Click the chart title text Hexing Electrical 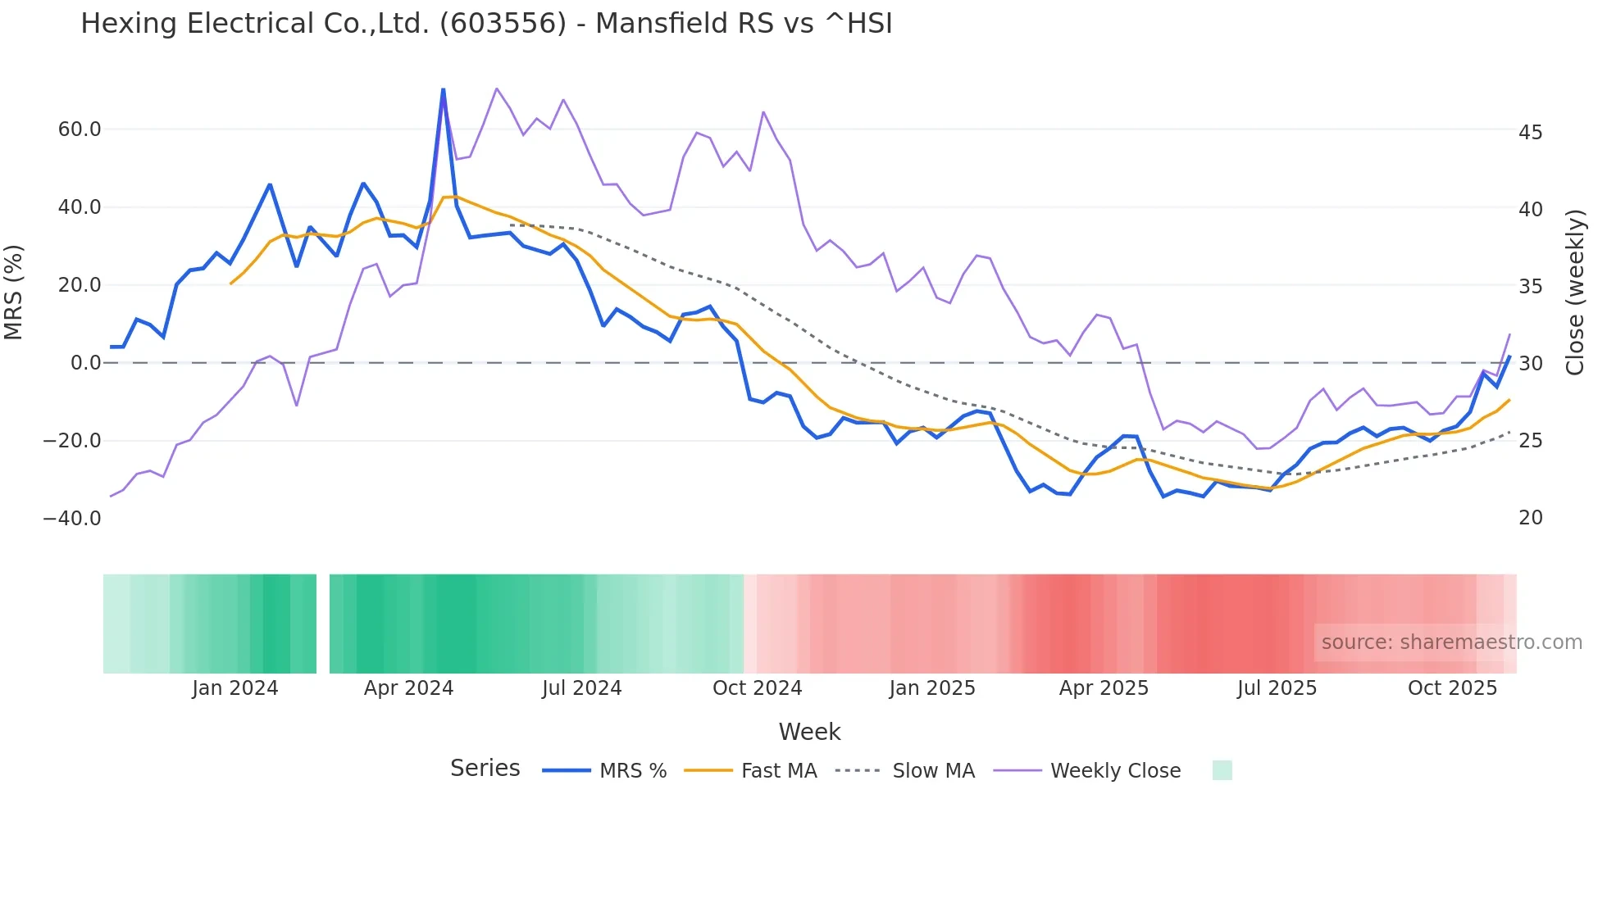point(486,24)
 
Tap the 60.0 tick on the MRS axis point(80,129)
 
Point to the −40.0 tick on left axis point(72,519)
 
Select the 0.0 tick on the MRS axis point(86,363)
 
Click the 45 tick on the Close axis point(1530,133)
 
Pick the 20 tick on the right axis point(1530,518)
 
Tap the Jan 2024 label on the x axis point(235,688)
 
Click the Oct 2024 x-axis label point(757,688)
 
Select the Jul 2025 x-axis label point(1277,688)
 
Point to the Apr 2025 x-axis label point(1104,688)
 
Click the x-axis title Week point(809,732)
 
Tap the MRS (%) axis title point(14,293)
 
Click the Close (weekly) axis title point(1574,293)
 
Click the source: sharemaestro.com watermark point(1451,642)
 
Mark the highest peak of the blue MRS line point(444,89)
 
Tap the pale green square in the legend point(1222,770)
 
